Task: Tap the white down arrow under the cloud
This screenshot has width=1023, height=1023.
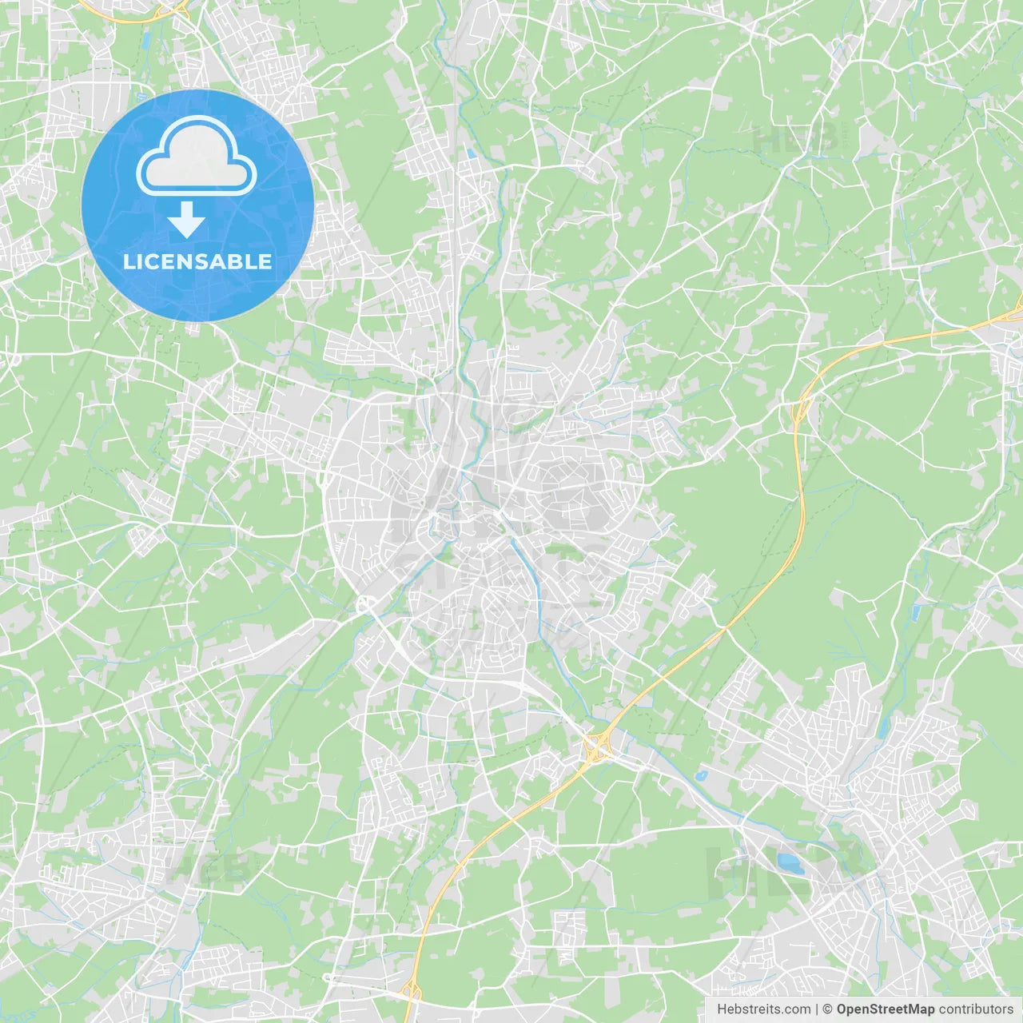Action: click(x=186, y=219)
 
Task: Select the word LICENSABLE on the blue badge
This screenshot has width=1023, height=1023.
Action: click(x=197, y=261)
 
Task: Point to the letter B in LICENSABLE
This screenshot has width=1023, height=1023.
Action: click(x=237, y=261)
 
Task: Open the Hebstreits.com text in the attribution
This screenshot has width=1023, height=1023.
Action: click(x=763, y=1009)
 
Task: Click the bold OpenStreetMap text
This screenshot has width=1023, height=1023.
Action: click(x=886, y=1009)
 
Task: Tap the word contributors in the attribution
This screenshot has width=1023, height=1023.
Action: click(x=976, y=1009)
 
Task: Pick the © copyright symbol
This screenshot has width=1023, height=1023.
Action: click(x=827, y=1009)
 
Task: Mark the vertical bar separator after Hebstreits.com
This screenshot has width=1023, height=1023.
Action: click(x=816, y=1009)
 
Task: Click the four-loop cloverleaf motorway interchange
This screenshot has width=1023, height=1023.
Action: click(x=596, y=749)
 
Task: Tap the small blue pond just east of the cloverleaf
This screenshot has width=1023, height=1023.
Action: click(x=700, y=774)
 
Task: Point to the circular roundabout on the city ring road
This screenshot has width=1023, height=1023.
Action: click(x=366, y=605)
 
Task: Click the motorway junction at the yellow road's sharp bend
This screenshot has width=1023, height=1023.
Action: click(x=798, y=412)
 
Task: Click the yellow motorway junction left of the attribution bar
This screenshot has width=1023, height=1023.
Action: click(x=412, y=991)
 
